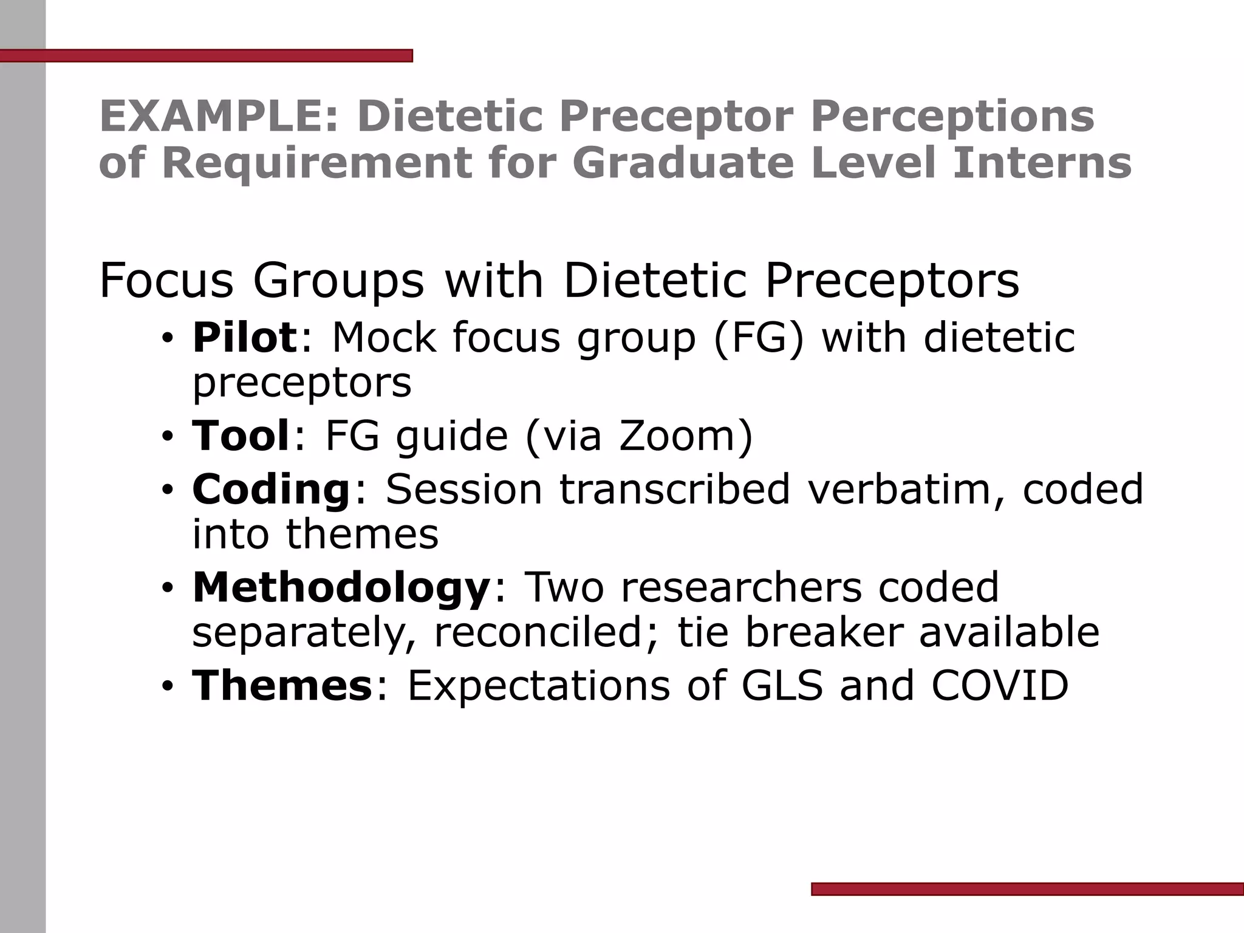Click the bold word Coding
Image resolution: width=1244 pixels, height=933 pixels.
coord(271,489)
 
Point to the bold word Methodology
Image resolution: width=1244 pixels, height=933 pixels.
coord(341,587)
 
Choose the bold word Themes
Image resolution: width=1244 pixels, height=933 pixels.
coord(282,685)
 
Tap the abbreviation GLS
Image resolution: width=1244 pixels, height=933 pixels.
coord(782,685)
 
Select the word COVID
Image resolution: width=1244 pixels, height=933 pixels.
coord(999,685)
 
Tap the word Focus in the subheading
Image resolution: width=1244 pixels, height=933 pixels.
coord(166,281)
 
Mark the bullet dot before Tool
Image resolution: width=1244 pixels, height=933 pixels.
coord(168,437)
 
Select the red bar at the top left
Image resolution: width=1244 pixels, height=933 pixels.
coord(207,56)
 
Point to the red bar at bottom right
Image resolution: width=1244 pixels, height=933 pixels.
coord(1027,889)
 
